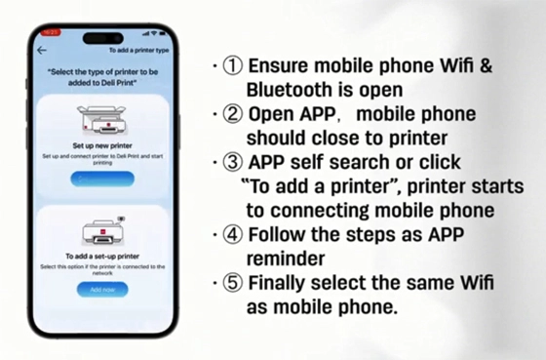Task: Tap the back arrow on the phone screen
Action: pos(42,50)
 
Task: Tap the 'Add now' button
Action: pos(102,290)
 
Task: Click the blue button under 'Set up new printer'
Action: pos(102,179)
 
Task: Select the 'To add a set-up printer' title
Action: pos(102,257)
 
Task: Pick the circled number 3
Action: pos(234,162)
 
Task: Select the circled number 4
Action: pos(234,234)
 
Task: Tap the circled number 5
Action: pos(234,283)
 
